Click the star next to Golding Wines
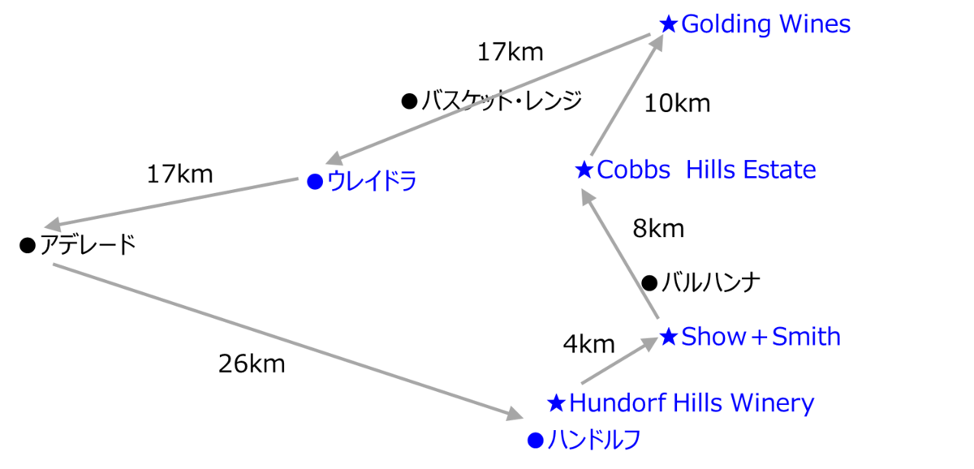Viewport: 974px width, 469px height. pyautogui.click(x=668, y=24)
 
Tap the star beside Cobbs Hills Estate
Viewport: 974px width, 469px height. pyautogui.click(x=584, y=170)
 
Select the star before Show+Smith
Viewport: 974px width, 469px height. pyautogui.click(x=668, y=337)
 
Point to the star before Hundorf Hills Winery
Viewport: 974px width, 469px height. pyautogui.click(x=556, y=402)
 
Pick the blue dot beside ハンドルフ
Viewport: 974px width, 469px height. pyautogui.click(x=534, y=440)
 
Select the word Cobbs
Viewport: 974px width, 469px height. pyautogui.click(x=634, y=170)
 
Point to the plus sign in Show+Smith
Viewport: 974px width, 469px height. pyautogui.click(x=759, y=338)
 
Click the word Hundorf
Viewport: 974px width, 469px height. pyautogui.click(x=610, y=402)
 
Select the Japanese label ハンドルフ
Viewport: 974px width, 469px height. pyautogui.click(x=593, y=440)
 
